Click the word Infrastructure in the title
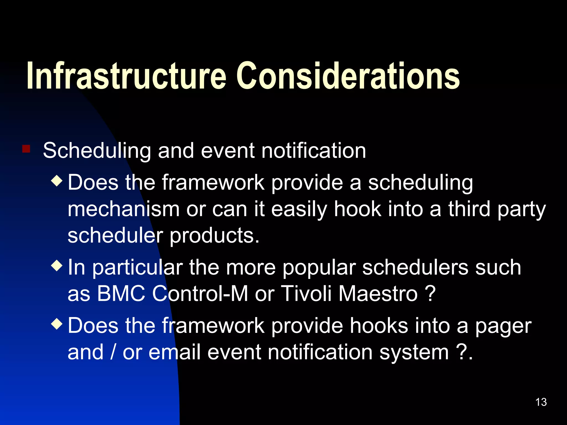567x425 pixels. [126, 76]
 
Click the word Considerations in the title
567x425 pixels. [348, 76]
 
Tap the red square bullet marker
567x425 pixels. [26, 149]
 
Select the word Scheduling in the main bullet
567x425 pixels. [97, 151]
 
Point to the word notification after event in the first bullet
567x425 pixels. [314, 151]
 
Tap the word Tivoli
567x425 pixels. [306, 294]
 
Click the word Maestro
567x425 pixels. [378, 294]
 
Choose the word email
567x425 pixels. [174, 352]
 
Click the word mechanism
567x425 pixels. [123, 209]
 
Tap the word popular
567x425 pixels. [319, 268]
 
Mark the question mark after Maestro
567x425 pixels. [430, 294]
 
